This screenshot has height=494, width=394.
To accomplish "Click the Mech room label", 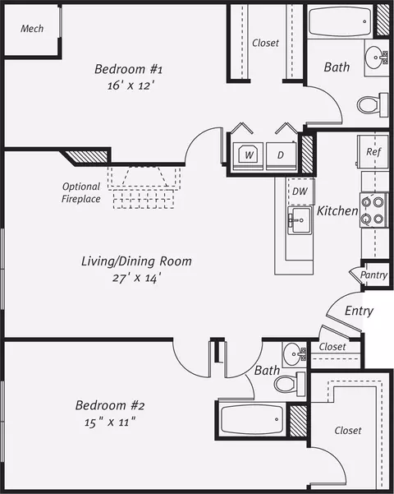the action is click(x=32, y=29).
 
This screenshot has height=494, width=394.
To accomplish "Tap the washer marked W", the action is click(x=248, y=156).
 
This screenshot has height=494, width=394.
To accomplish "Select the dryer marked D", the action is click(x=281, y=156).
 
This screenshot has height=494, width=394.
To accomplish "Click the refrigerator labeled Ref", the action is click(x=373, y=152).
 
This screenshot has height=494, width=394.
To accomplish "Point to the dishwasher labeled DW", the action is click(x=301, y=192).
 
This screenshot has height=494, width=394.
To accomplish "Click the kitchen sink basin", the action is click(x=300, y=220).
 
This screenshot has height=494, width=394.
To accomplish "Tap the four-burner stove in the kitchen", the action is click(x=373, y=210).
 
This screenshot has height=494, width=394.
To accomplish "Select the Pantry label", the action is click(x=373, y=275).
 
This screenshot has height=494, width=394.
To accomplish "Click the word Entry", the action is click(x=359, y=311).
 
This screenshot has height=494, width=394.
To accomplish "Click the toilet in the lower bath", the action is click(x=290, y=384).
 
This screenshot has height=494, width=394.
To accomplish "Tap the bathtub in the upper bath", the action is click(x=340, y=21).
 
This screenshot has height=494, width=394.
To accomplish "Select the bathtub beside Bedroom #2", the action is click(x=252, y=419).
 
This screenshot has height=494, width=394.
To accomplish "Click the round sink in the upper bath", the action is click(x=376, y=58).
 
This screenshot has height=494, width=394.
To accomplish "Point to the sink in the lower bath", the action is click(x=294, y=354).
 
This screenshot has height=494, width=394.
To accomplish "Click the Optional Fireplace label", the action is click(x=81, y=192).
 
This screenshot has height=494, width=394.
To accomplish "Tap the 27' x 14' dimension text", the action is click(x=137, y=278).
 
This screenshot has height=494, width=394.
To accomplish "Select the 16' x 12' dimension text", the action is click(x=131, y=85).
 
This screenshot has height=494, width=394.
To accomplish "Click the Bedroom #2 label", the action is click(x=110, y=405).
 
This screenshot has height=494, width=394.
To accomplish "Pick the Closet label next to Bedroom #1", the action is click(x=265, y=43).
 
